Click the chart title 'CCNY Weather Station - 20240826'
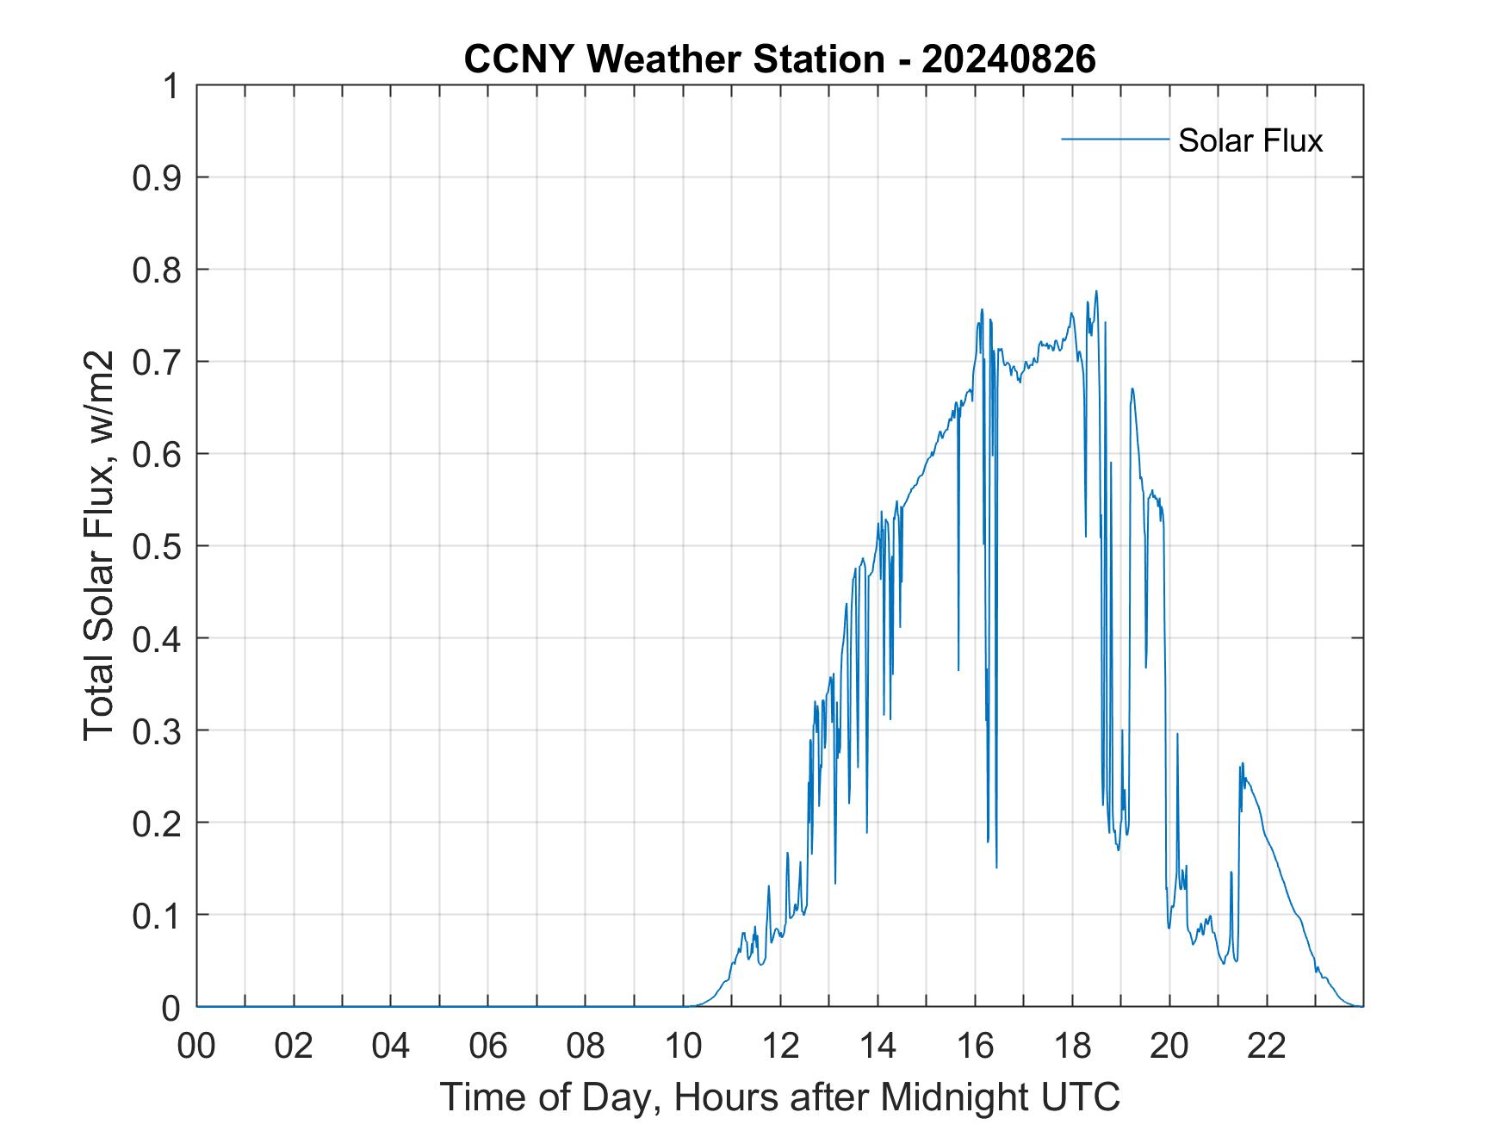(779, 59)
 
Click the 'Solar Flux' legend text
(1250, 140)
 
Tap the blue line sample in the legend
(1114, 139)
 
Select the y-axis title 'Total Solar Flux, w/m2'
(99, 546)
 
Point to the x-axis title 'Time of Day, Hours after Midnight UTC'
(779, 1097)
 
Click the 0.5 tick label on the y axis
(158, 546)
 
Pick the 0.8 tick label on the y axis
(158, 270)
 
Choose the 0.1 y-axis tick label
(158, 915)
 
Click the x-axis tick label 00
(196, 1047)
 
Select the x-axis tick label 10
(683, 1047)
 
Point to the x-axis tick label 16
(975, 1047)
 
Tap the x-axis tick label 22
(1267, 1047)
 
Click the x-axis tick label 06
(488, 1047)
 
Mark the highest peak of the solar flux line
(1096, 291)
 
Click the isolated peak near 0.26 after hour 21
(1243, 763)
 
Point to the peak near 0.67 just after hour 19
(1132, 388)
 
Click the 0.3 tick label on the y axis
(158, 730)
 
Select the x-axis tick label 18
(1072, 1047)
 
